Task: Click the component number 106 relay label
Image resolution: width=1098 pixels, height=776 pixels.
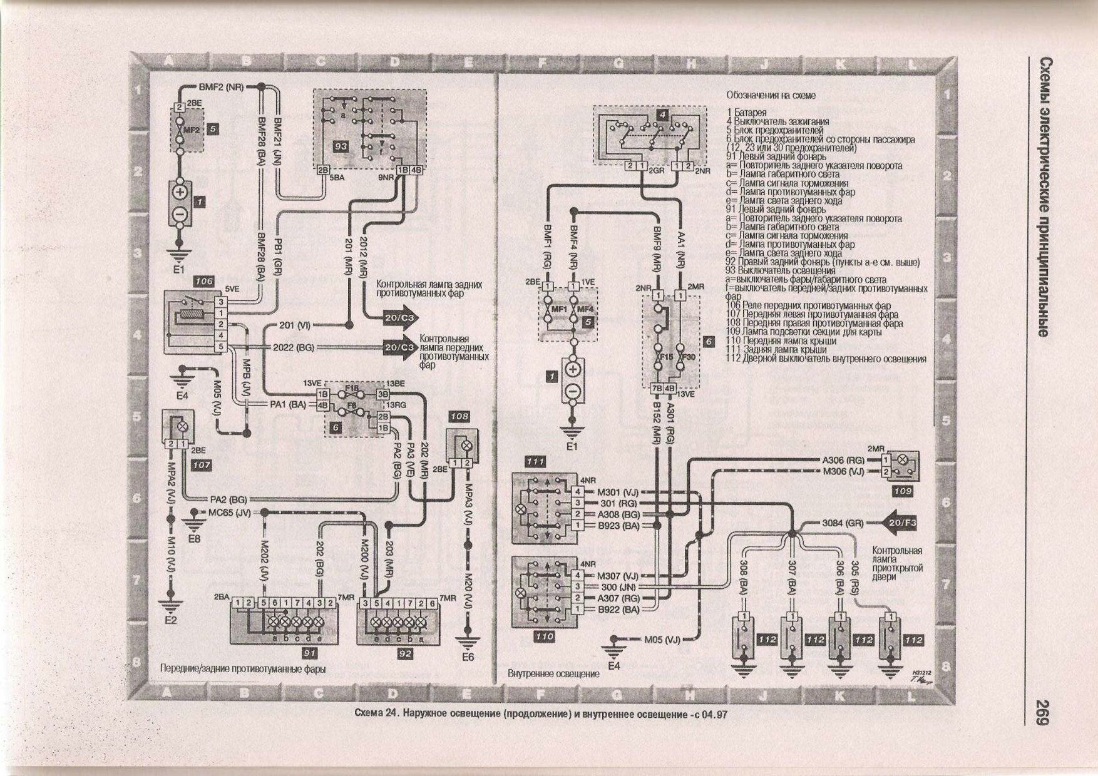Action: point(204,282)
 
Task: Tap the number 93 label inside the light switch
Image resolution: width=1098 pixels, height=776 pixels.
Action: point(341,146)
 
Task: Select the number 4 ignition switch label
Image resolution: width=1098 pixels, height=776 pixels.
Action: point(662,115)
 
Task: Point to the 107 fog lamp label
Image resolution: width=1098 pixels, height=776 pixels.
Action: point(202,465)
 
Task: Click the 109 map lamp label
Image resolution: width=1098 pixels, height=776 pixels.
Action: point(902,491)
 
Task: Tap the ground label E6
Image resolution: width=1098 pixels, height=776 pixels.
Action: point(468,657)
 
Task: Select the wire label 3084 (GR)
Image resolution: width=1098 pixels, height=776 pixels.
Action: point(842,523)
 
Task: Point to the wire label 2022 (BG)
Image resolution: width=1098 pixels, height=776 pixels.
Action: point(294,347)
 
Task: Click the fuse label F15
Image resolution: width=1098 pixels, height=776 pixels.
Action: point(665,357)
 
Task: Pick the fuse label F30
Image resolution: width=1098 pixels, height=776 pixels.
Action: point(688,357)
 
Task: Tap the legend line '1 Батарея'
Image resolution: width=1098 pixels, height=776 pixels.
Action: point(746,113)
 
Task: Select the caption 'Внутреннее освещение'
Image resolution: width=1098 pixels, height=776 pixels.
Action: point(553,673)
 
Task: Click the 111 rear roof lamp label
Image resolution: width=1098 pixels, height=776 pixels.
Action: point(535,461)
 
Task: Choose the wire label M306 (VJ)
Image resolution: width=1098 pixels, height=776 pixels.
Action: point(843,471)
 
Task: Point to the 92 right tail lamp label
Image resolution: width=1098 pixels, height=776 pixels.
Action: point(405,653)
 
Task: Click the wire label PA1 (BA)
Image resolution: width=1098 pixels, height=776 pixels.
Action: point(288,405)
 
